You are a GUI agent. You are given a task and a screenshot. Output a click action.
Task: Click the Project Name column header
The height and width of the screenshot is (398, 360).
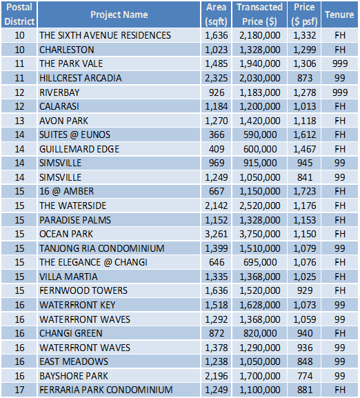[x=119, y=14]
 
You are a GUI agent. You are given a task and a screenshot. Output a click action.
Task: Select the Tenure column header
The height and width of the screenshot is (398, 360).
[x=339, y=14]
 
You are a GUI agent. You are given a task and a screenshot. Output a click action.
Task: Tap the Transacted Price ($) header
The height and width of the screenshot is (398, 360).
[x=259, y=14]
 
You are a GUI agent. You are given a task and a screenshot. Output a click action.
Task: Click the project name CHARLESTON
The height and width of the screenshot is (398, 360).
[x=67, y=50]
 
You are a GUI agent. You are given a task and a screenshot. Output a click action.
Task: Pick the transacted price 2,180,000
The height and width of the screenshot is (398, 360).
[x=260, y=35]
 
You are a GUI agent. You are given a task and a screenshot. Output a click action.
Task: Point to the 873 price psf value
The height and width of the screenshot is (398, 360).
[x=305, y=78]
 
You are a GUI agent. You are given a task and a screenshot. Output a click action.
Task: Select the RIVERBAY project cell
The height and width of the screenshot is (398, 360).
[x=59, y=92]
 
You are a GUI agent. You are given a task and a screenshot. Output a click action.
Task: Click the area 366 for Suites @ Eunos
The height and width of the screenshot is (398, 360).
[x=217, y=135]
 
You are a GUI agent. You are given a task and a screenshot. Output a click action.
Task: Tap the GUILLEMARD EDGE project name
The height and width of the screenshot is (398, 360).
[x=79, y=149]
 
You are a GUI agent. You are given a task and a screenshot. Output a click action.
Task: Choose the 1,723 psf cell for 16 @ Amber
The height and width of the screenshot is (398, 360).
[x=305, y=191]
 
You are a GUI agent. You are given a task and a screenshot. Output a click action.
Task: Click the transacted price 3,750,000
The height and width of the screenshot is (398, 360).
[x=260, y=234]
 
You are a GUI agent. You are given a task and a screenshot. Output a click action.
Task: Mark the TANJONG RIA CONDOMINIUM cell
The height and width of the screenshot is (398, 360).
[x=102, y=248]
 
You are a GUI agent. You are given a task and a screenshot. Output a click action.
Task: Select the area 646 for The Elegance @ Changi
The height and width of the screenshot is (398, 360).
[x=217, y=262]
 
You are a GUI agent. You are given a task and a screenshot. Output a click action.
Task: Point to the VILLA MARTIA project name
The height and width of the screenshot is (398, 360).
[x=68, y=277]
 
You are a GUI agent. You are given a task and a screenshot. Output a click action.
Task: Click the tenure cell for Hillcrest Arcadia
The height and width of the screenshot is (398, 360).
[x=340, y=78]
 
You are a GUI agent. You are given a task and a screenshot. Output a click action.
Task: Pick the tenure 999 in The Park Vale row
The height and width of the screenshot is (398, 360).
[x=340, y=63]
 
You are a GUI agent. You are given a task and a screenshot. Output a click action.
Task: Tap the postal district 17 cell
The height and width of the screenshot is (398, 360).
[x=19, y=390]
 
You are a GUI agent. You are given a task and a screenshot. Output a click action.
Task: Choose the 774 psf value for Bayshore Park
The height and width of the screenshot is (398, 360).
[x=305, y=376]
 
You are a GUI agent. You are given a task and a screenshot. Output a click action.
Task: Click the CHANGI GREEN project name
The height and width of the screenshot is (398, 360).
[x=71, y=333]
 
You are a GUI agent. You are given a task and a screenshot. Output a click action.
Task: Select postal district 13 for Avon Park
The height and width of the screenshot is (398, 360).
[x=19, y=121]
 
